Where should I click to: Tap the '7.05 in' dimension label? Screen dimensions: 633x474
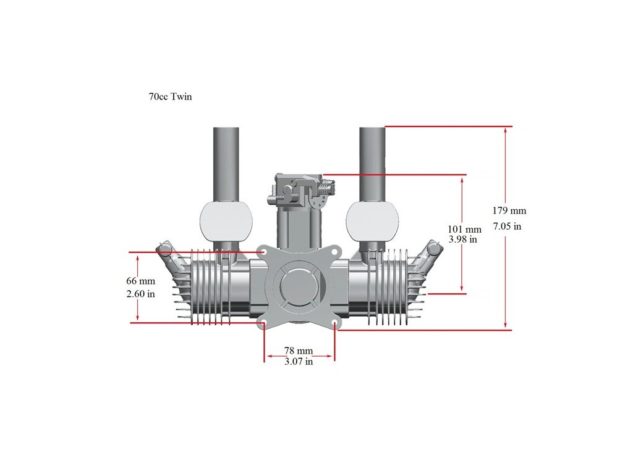(x=507, y=227)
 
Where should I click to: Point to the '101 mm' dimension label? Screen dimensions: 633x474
(x=464, y=230)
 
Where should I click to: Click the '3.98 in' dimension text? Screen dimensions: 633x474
(x=462, y=239)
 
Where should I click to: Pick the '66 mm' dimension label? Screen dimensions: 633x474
(x=140, y=281)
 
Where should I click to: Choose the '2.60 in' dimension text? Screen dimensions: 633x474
(x=140, y=294)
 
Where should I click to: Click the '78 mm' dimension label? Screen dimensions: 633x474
(x=299, y=351)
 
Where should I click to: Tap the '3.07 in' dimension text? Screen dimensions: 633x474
(x=299, y=362)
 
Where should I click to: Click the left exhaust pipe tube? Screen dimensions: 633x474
(x=226, y=163)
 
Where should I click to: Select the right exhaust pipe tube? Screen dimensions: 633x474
(x=372, y=163)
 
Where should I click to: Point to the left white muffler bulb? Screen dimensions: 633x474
(x=226, y=222)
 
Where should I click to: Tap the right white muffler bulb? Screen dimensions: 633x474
(x=373, y=222)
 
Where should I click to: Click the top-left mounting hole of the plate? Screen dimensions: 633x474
(x=264, y=252)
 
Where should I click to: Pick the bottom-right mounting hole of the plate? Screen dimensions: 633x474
(x=334, y=323)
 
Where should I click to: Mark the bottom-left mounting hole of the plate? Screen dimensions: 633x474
(x=264, y=323)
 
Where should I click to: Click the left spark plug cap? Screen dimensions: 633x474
(x=164, y=249)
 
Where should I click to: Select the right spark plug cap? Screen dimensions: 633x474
(x=434, y=249)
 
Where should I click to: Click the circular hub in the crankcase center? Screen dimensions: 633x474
(x=299, y=288)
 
